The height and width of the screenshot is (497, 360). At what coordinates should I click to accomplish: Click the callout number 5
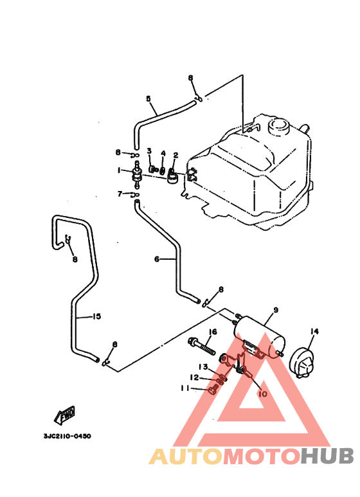(x=148, y=98)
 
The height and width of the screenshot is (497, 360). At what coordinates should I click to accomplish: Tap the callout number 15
(x=96, y=316)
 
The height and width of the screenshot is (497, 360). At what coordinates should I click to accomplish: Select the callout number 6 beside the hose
(x=157, y=259)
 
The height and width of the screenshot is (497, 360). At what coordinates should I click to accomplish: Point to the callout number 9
(x=276, y=310)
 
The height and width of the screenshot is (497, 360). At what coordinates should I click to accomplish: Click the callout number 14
(x=314, y=331)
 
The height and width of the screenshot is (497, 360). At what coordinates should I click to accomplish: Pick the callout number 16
(x=213, y=332)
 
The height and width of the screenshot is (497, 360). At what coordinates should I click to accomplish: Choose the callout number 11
(x=184, y=388)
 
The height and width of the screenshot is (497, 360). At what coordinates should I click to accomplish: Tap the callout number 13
(x=203, y=366)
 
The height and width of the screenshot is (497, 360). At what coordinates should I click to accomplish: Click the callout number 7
(x=120, y=194)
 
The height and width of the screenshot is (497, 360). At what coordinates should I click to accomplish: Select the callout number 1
(x=119, y=170)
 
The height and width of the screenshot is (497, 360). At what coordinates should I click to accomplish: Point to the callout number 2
(x=175, y=155)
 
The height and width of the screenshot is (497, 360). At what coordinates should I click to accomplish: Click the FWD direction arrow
(x=66, y=415)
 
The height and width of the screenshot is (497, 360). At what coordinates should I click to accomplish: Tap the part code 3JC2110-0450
(x=67, y=436)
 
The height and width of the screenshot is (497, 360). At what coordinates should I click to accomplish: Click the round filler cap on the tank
(x=279, y=127)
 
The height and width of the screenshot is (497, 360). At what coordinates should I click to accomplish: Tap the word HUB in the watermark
(x=327, y=456)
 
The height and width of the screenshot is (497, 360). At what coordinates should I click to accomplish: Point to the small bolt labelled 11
(x=213, y=388)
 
